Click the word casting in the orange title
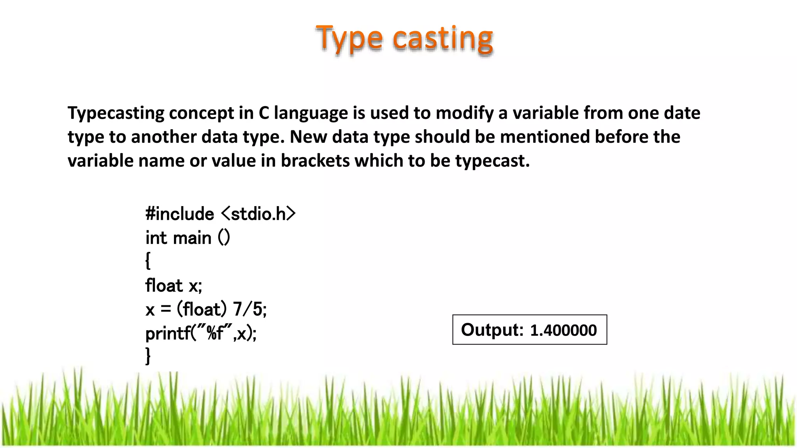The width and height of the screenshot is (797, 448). (x=443, y=39)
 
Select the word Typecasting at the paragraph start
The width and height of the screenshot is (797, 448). (x=116, y=114)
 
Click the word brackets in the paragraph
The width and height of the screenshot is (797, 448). (x=315, y=161)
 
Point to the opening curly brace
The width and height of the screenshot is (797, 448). (x=148, y=261)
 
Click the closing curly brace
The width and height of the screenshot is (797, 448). (x=148, y=355)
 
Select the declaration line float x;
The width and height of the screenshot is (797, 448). (x=174, y=286)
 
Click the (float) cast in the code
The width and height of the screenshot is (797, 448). (x=202, y=310)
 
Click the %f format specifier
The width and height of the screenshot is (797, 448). (x=215, y=333)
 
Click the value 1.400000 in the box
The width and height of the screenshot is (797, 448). (x=563, y=330)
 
